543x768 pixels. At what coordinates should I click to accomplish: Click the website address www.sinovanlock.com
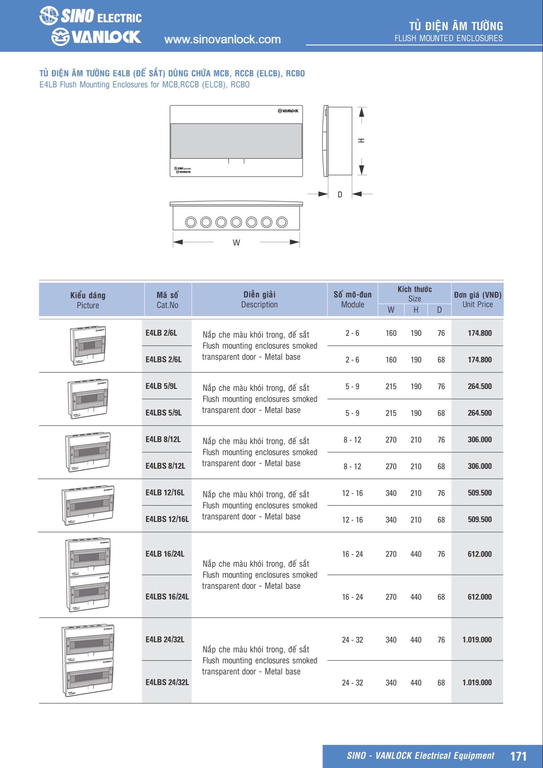[222, 39]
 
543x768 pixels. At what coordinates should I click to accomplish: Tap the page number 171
[518, 756]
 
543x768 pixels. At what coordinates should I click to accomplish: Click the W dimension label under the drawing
[236, 242]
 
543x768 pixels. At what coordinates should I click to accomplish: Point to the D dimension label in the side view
[340, 194]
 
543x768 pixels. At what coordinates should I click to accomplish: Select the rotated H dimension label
[362, 140]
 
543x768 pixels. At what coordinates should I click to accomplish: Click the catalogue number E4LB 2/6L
[161, 333]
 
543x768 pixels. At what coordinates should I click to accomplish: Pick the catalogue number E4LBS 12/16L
[167, 519]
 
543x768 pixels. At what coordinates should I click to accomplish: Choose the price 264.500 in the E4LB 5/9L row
[479, 386]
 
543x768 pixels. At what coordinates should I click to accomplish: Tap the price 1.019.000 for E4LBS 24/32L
[477, 682]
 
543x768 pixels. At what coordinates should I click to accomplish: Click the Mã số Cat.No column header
[167, 300]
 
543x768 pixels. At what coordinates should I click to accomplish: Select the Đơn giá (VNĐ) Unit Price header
[478, 300]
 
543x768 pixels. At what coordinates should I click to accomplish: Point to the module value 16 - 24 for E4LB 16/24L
[352, 554]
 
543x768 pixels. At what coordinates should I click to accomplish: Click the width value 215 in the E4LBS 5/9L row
[391, 413]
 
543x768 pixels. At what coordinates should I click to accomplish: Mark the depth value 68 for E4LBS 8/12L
[441, 466]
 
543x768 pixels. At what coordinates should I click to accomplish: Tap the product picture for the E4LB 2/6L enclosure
[88, 346]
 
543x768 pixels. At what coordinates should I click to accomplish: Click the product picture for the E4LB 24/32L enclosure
[88, 660]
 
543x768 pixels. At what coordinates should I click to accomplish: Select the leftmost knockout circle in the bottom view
[191, 222]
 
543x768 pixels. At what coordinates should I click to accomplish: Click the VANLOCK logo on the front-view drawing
[288, 111]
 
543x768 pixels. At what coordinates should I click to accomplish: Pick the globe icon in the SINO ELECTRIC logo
[49, 15]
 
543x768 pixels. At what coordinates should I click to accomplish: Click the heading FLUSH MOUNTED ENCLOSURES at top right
[448, 38]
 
